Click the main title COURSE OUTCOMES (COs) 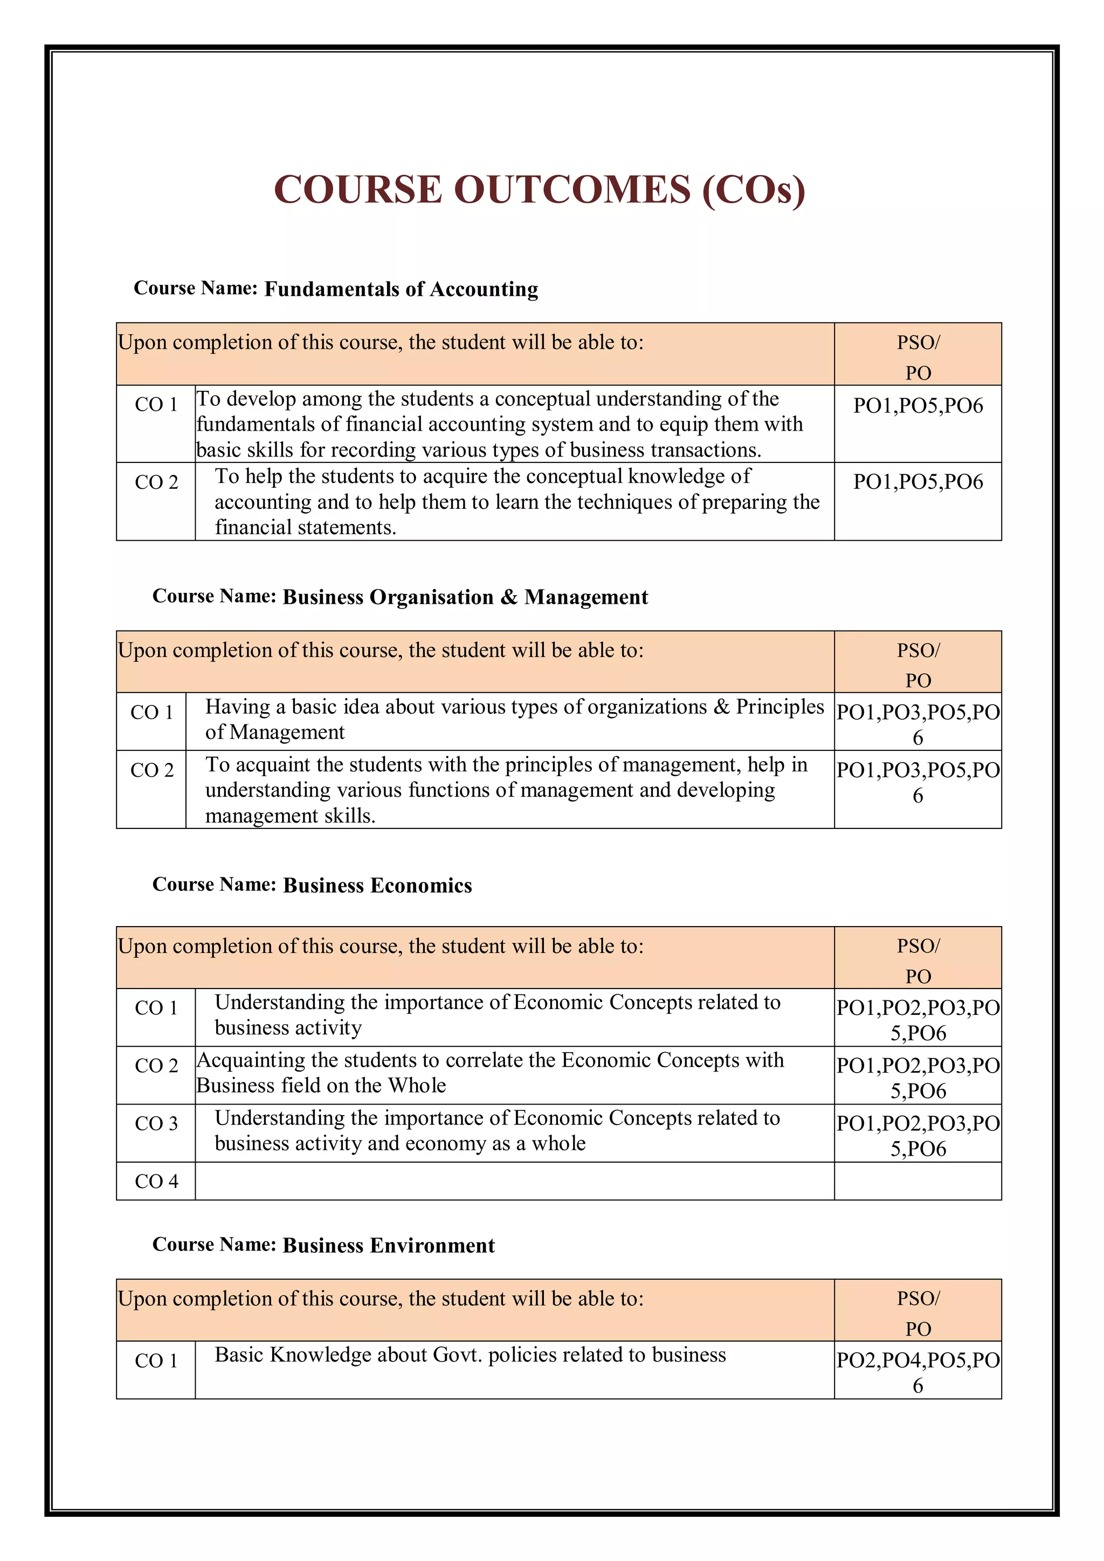(x=539, y=189)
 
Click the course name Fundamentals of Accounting (x=401, y=289)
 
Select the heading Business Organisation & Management (x=465, y=597)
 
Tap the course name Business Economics (x=377, y=885)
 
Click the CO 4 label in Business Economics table (x=156, y=1181)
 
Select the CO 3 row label (x=156, y=1123)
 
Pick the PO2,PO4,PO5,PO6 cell (x=917, y=1372)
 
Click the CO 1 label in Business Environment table (x=156, y=1360)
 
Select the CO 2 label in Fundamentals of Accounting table (x=156, y=482)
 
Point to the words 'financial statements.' (x=305, y=528)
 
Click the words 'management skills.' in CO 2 (x=290, y=816)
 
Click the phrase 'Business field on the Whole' (x=321, y=1086)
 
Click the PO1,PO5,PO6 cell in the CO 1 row (x=917, y=406)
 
